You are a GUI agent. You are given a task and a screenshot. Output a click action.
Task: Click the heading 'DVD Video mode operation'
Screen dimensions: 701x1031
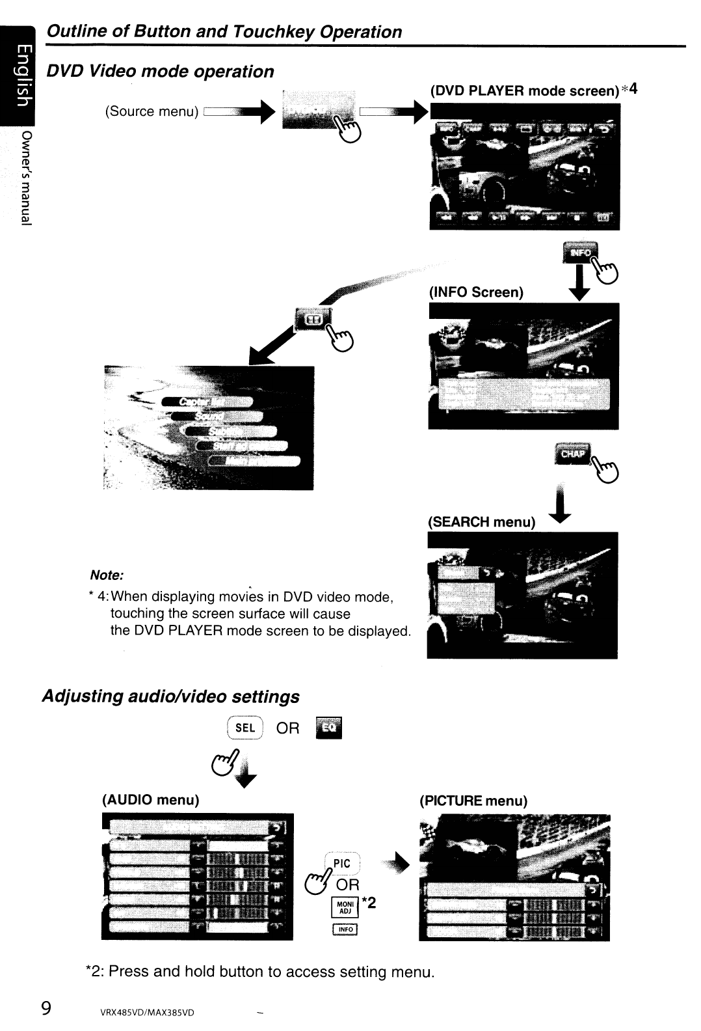(160, 72)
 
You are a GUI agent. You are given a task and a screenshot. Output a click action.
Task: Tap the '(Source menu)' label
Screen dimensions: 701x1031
(152, 111)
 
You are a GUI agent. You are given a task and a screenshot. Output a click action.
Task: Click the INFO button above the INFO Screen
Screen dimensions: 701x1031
(580, 253)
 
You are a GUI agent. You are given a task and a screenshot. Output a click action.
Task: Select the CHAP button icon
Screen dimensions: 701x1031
(572, 454)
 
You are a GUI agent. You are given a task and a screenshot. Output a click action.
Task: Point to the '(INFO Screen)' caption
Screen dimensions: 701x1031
(476, 292)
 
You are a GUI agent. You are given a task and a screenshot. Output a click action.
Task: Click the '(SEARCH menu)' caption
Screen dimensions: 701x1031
(481, 522)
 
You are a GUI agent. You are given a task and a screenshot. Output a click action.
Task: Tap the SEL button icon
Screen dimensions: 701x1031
(245, 728)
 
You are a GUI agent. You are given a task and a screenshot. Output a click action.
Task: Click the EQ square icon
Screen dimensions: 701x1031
(328, 728)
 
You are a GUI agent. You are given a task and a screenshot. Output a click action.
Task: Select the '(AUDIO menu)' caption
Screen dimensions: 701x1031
(151, 799)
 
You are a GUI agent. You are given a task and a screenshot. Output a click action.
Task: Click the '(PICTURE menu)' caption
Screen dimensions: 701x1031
(473, 801)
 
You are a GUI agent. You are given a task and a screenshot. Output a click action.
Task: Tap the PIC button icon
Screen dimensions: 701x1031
(341, 864)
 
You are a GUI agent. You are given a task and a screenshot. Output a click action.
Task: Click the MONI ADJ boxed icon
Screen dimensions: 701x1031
(345, 907)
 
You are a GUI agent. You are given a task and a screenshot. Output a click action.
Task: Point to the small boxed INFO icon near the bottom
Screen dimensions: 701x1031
(345, 929)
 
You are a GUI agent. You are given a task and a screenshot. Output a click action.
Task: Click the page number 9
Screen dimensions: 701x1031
(46, 1008)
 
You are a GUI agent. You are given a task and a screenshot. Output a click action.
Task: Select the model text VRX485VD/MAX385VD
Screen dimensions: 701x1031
(147, 1013)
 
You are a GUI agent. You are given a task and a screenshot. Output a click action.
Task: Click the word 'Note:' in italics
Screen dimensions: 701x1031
(107, 575)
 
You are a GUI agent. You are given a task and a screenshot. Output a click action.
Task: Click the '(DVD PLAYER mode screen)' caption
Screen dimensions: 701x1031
(524, 90)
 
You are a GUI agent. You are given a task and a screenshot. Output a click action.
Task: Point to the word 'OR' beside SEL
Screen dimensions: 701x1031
(288, 728)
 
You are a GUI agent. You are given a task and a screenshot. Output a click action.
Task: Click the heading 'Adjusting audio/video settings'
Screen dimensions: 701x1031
(170, 696)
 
